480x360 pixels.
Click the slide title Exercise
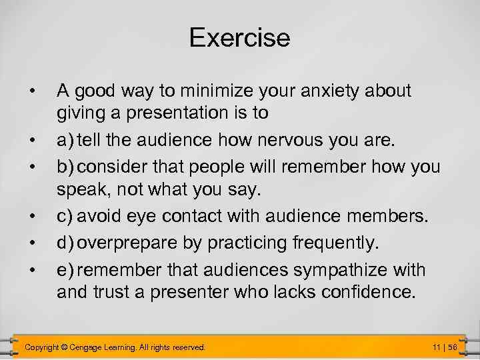click(x=239, y=38)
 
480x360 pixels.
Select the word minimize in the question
click(x=218, y=90)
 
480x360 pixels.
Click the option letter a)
click(x=65, y=141)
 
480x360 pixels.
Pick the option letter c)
click(x=65, y=216)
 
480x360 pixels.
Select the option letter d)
click(x=65, y=243)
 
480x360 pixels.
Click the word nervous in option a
click(x=297, y=141)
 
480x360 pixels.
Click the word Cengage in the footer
click(x=96, y=347)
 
